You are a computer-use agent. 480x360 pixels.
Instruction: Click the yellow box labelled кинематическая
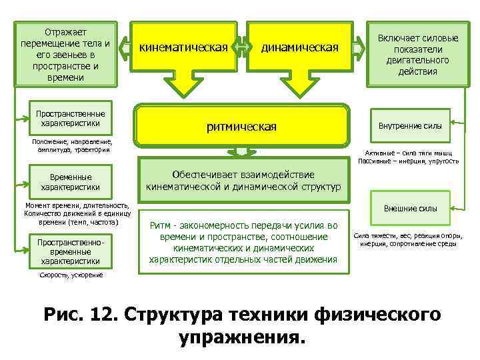pyautogui.click(x=183, y=48)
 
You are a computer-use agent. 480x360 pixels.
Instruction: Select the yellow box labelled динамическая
pyautogui.click(x=300, y=48)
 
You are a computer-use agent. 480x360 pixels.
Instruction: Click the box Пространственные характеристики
pyautogui.click(x=70, y=118)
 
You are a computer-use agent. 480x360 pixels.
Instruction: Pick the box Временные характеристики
pyautogui.click(x=70, y=183)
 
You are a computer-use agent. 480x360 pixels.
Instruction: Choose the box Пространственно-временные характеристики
pyautogui.click(x=69, y=251)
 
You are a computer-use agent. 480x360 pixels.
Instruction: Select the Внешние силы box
pyautogui.click(x=410, y=208)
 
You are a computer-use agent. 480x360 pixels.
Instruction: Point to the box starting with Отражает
pyautogui.click(x=65, y=54)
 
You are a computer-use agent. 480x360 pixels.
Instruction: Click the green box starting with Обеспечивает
pyautogui.click(x=243, y=178)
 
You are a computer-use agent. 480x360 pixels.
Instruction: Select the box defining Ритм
pyautogui.click(x=243, y=242)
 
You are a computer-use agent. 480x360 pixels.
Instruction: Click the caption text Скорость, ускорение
pyautogui.click(x=71, y=275)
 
